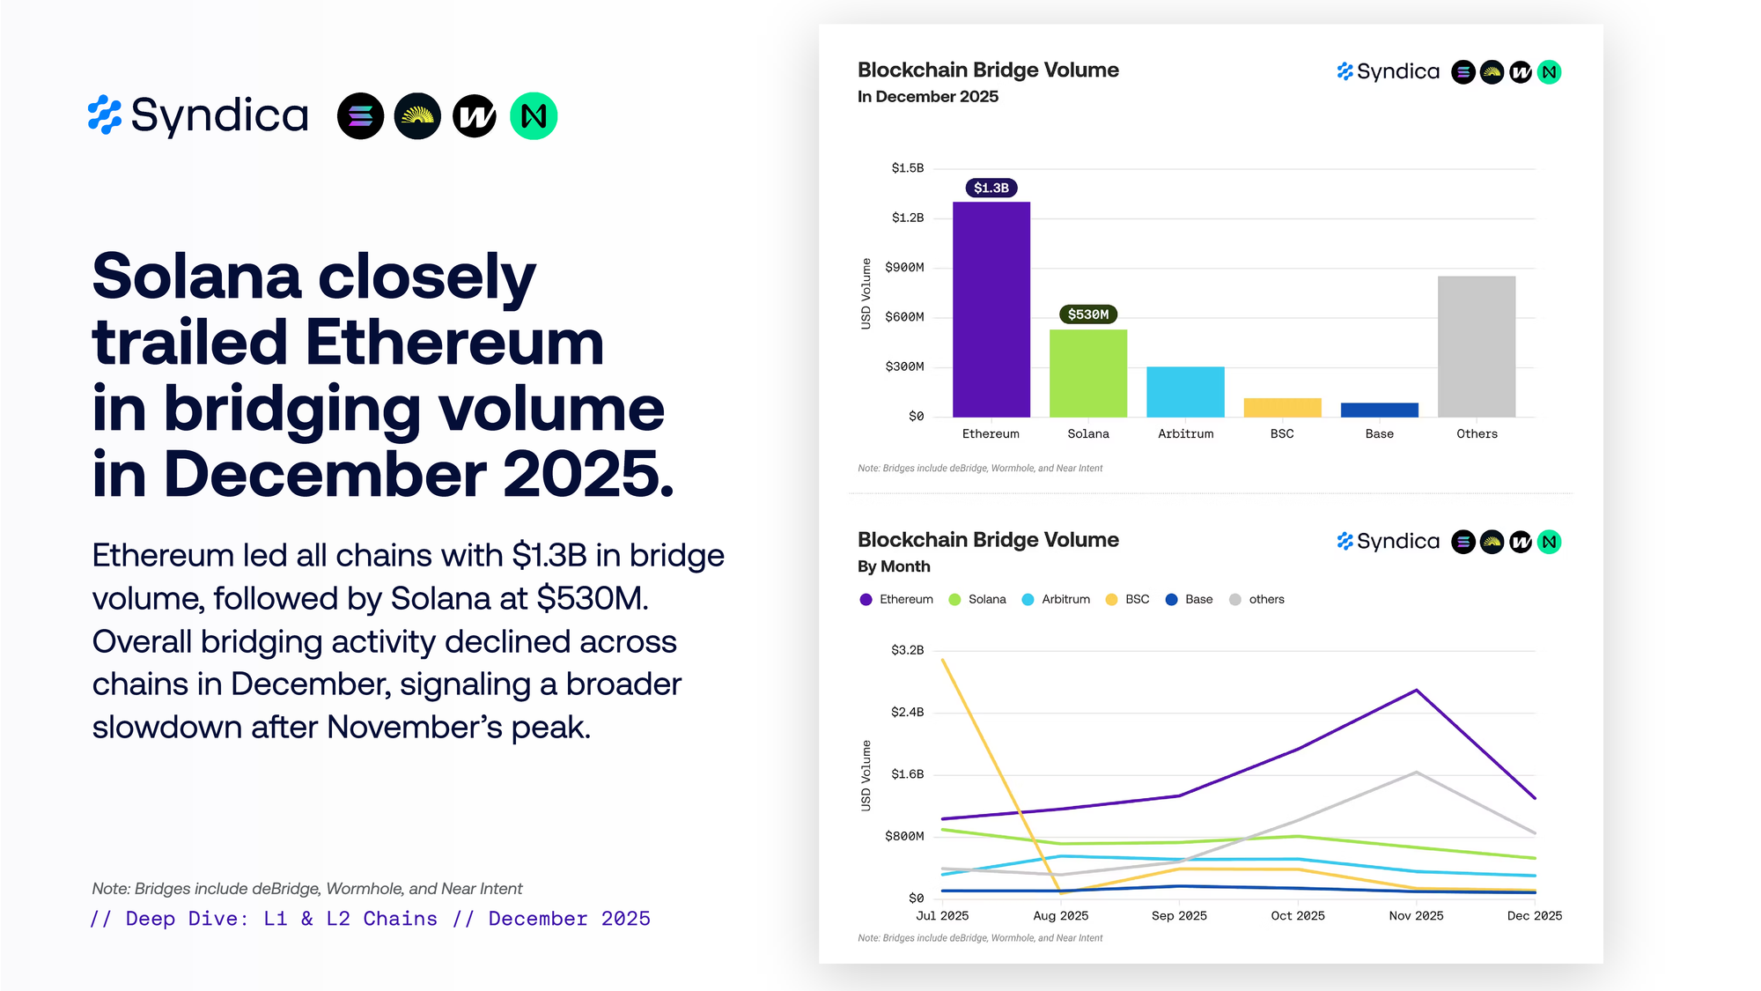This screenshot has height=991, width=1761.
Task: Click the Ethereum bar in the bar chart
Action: point(991,308)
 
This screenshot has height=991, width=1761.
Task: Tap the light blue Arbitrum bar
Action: point(1185,391)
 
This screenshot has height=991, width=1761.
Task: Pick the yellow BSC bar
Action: point(1282,407)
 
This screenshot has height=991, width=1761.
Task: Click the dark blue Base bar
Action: point(1379,410)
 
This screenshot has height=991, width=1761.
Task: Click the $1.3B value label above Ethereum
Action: point(991,188)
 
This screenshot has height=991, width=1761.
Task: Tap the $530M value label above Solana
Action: point(1087,314)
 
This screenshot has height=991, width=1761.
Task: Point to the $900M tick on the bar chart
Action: point(904,267)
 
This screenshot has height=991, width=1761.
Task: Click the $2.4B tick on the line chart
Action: point(907,712)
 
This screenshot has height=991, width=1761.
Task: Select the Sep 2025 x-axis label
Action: point(1179,916)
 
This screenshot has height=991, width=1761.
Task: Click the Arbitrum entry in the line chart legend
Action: point(1065,599)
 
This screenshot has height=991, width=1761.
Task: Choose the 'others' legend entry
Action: point(1265,599)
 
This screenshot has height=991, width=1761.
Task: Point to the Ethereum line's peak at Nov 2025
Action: point(1416,690)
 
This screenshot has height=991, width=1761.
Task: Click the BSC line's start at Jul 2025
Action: point(942,659)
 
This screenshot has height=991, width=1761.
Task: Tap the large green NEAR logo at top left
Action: point(534,116)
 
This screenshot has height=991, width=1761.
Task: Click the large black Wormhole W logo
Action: point(475,116)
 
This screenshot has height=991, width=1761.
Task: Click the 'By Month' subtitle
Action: point(894,566)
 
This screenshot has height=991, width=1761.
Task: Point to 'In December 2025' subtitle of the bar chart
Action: point(928,97)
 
